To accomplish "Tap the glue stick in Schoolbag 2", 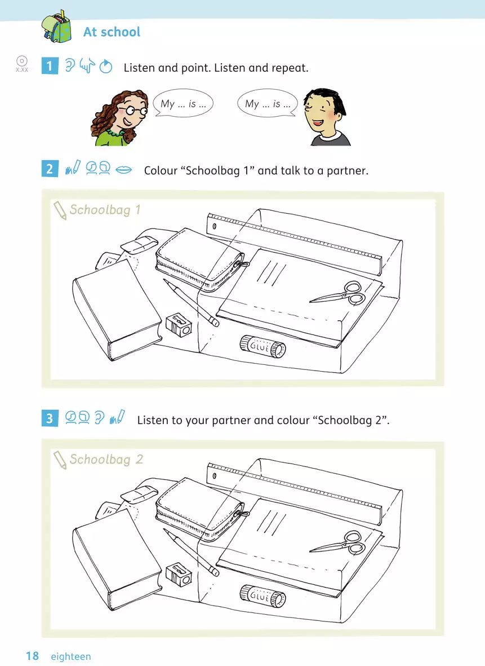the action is point(262,596).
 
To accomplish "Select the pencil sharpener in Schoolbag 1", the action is point(179,325).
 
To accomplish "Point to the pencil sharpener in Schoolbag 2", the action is point(179,575).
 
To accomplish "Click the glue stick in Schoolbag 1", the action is point(262,347).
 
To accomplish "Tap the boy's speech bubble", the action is point(268,103).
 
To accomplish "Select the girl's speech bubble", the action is point(183,103).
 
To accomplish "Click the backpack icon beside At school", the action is point(57,27).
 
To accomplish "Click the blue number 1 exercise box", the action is point(50,66).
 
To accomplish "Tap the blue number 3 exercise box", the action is point(50,418).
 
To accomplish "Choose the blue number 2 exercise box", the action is point(50,169).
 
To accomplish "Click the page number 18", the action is point(32,656).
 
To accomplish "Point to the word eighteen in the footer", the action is point(71,656).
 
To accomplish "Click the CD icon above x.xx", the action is point(21,61).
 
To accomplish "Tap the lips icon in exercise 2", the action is point(124,170).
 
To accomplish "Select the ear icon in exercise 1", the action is point(70,65).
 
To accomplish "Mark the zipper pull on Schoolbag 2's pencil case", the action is point(243,514).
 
